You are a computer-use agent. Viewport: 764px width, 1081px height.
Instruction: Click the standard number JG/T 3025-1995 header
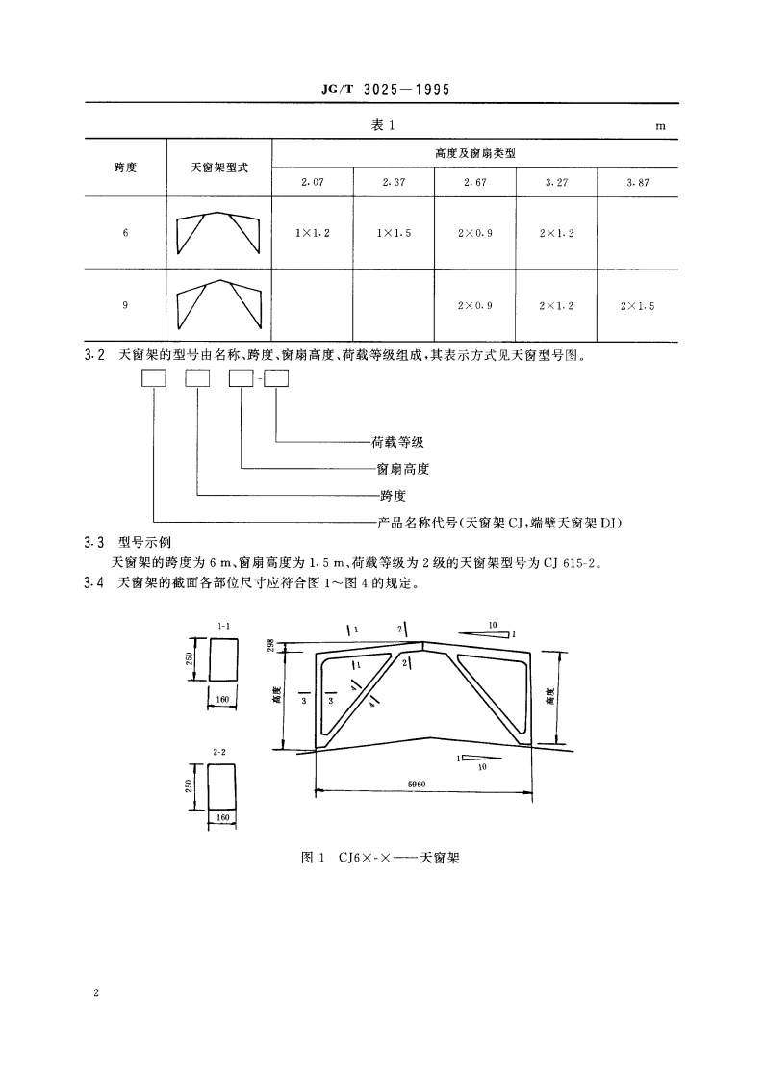[x=384, y=90]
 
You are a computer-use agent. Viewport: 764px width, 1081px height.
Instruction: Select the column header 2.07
[x=313, y=181]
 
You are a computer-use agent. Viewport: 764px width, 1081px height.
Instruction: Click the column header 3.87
[x=637, y=181]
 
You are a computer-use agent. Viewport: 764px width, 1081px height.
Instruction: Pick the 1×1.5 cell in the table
[x=395, y=233]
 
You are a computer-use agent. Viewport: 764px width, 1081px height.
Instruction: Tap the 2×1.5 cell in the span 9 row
[x=637, y=305]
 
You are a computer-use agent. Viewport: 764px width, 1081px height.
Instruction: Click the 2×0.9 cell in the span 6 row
[x=475, y=233]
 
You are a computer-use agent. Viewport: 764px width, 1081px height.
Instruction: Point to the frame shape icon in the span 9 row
[x=219, y=305]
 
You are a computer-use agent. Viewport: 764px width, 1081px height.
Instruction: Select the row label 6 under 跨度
[x=125, y=233]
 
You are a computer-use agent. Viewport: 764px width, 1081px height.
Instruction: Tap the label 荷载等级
[x=397, y=443]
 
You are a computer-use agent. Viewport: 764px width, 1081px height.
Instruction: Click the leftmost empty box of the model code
[x=154, y=379]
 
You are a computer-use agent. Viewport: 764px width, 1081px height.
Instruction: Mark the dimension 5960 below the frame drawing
[x=423, y=785]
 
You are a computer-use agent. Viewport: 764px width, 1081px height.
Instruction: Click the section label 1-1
[x=222, y=627]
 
